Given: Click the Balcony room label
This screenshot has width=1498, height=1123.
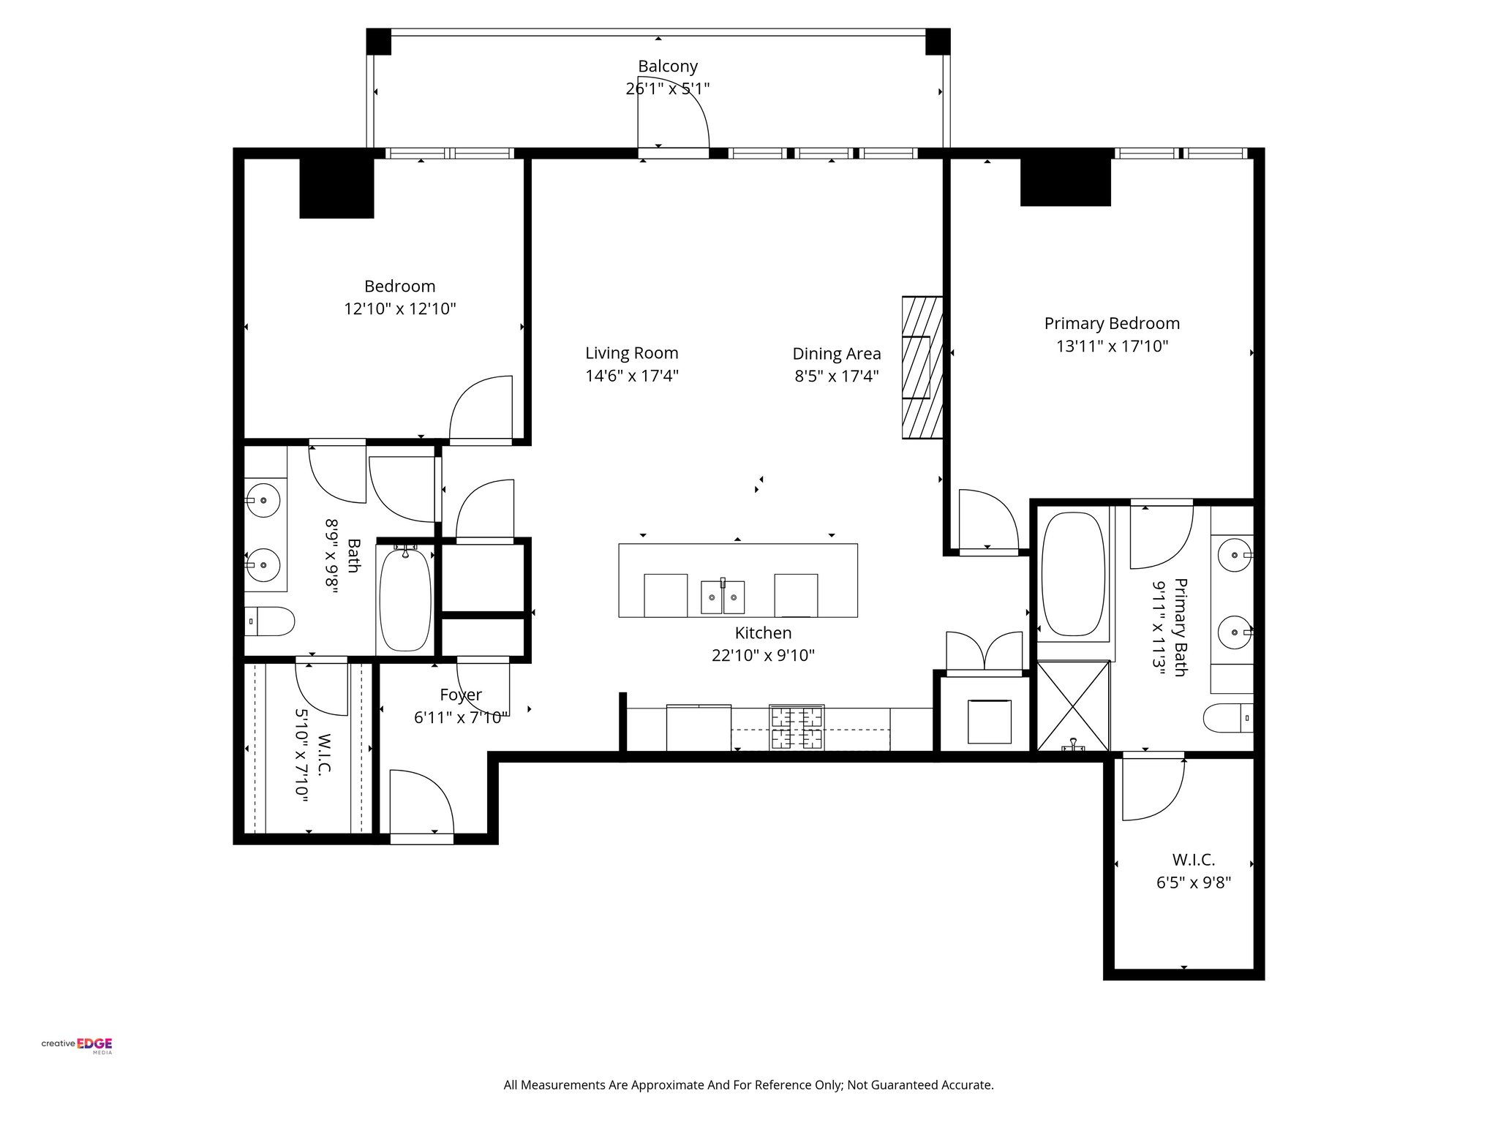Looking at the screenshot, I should [667, 67].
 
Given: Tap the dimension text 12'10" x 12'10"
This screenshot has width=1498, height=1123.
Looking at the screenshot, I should [400, 309].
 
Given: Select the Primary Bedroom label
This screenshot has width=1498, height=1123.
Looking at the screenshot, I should [1111, 323].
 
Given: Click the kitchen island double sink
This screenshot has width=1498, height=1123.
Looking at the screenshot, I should [723, 597].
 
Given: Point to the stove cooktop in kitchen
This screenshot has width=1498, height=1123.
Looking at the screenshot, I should [797, 727].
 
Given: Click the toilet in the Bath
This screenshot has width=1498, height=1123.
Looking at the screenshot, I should [268, 621].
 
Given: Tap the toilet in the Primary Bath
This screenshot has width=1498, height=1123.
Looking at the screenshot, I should [1228, 717].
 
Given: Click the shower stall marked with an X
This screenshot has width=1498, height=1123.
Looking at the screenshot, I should [1073, 706].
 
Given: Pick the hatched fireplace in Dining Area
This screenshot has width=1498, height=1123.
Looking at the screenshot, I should [922, 367].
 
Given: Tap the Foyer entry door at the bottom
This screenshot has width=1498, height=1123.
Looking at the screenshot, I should [421, 804].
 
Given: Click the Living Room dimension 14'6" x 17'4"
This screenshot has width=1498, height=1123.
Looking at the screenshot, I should [632, 377].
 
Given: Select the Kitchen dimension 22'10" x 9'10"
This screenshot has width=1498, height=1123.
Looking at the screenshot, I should [763, 656].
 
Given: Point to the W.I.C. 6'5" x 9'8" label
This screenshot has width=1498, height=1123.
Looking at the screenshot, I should [1193, 871].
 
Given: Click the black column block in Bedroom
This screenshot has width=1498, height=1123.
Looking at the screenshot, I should [336, 188].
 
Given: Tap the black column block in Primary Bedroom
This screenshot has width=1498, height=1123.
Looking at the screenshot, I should [1065, 182].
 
